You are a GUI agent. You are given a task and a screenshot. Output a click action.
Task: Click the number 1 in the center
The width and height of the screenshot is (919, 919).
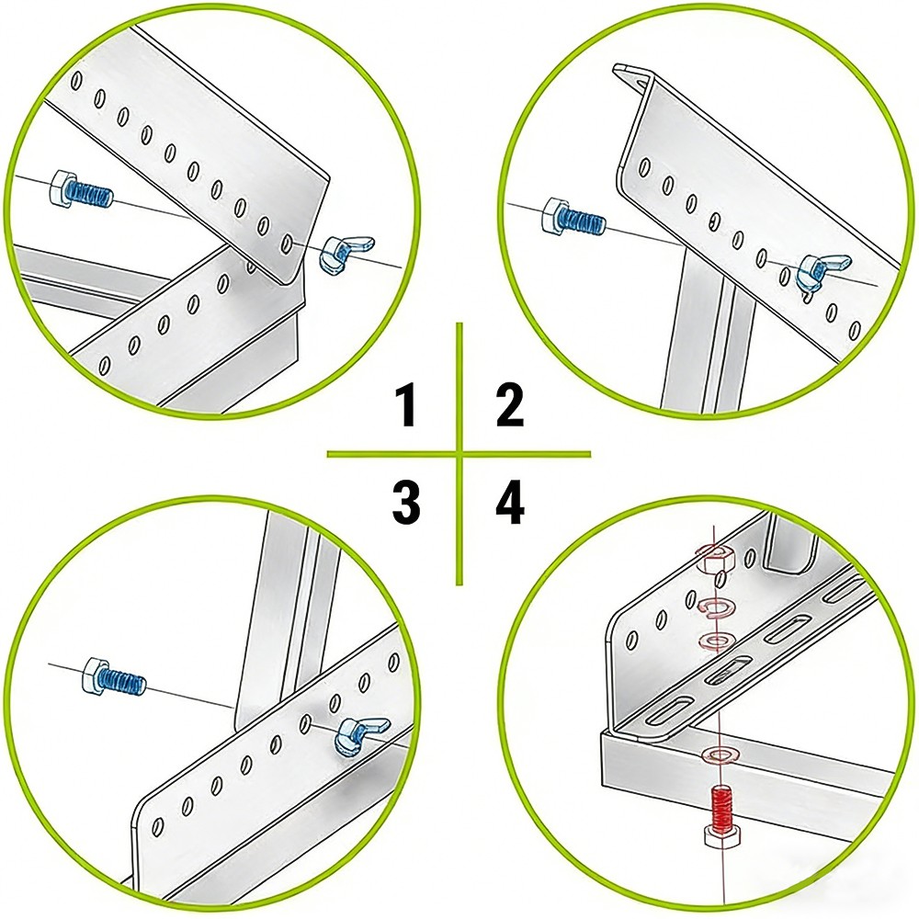point(404,407)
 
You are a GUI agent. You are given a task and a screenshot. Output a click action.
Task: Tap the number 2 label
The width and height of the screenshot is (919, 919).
point(510,407)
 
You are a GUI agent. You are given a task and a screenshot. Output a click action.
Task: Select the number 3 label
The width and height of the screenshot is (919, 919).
point(405,504)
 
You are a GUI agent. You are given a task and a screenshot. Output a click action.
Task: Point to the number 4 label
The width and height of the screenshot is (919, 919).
point(510,504)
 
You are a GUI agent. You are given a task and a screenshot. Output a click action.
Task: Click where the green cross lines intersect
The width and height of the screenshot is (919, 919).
point(459,453)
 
